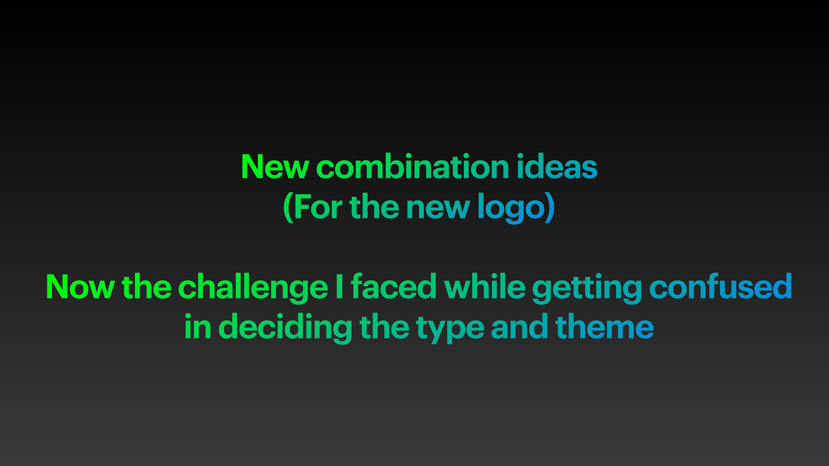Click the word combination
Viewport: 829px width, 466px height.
[x=413, y=167]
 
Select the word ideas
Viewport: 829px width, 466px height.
[x=557, y=167]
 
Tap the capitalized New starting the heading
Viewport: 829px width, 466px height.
[x=275, y=167]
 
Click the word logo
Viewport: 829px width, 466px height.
[x=511, y=209]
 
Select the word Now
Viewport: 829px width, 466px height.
[x=80, y=287]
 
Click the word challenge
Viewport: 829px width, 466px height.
[x=253, y=289]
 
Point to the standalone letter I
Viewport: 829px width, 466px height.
[x=339, y=286]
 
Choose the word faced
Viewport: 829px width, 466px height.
[x=394, y=286]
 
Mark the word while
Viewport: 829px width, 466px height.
[x=485, y=286]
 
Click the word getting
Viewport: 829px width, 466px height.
[x=587, y=289]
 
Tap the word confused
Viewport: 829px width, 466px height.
[x=721, y=286]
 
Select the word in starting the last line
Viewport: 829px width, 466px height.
[x=198, y=327]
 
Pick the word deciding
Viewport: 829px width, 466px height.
[x=285, y=329]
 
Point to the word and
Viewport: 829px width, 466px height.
[x=520, y=327]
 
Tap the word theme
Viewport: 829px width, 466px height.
[x=604, y=327]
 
